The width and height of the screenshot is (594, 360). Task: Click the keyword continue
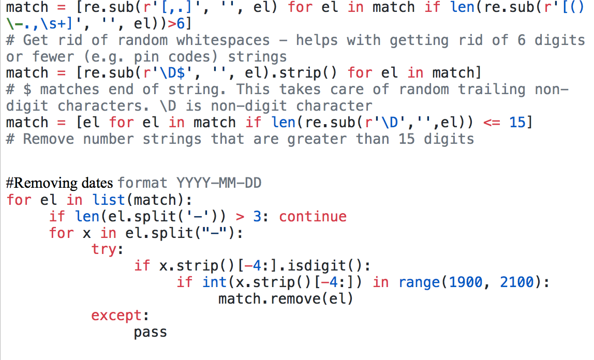coord(313,216)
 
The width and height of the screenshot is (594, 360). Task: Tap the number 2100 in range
coord(517,282)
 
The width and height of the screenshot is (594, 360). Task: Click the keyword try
coord(106,249)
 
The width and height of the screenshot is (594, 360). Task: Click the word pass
coord(150,332)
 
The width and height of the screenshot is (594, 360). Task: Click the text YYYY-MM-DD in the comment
coord(219,183)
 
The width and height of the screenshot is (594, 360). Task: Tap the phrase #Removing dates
coord(60,183)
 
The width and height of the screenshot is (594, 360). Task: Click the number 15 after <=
coord(517,123)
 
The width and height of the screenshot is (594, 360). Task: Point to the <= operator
coord(492,123)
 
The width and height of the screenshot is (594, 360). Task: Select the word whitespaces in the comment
coord(222,40)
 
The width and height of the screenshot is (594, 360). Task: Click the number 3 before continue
coord(257,216)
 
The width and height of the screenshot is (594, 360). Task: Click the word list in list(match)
coord(109,200)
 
